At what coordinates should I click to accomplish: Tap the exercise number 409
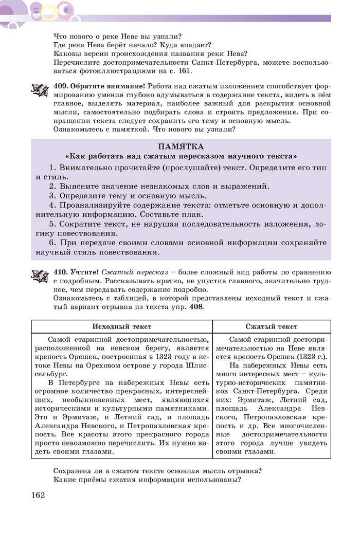[x=61, y=85]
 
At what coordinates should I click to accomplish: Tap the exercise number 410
[x=61, y=271]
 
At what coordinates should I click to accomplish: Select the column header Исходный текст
[x=122, y=326]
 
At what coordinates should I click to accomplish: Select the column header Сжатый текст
[x=271, y=326]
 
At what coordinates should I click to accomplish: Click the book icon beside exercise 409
[x=40, y=90]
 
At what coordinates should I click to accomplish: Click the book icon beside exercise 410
[x=40, y=276]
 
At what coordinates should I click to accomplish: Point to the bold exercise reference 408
[x=196, y=307]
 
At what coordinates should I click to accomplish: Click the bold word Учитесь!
[x=84, y=271]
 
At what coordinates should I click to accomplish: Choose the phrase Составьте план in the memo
[x=157, y=214]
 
